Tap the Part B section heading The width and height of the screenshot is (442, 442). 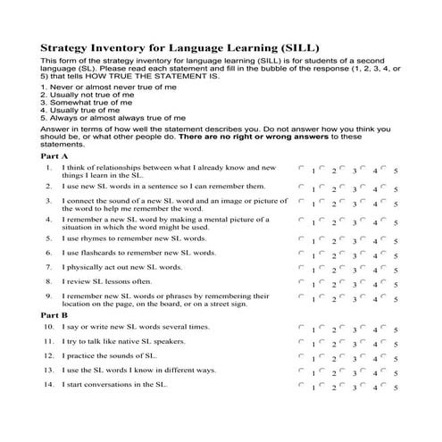[55, 315]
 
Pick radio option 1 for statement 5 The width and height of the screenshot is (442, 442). [303, 238]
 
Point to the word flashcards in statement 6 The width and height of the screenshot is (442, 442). [98, 254]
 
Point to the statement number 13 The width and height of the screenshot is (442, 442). [48, 370]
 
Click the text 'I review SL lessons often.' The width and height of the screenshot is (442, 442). [111, 281]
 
